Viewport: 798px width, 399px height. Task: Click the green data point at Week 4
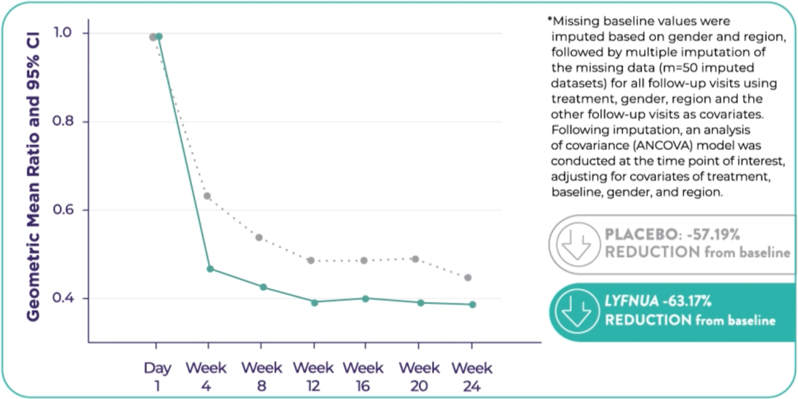pyautogui.click(x=210, y=269)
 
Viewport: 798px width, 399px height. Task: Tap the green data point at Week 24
pyautogui.click(x=472, y=305)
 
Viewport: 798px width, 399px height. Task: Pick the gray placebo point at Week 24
pyautogui.click(x=468, y=278)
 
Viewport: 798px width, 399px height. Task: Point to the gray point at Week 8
pyautogui.click(x=259, y=238)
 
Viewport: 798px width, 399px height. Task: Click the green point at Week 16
pyautogui.click(x=365, y=299)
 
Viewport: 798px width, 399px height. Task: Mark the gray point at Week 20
pyautogui.click(x=415, y=259)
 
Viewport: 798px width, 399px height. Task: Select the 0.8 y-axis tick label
pyautogui.click(x=63, y=121)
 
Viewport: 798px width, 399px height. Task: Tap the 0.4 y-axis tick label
pyautogui.click(x=63, y=298)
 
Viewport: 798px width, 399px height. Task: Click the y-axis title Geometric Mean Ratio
pyautogui.click(x=33, y=177)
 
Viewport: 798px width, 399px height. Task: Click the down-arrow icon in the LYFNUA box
pyautogui.click(x=577, y=311)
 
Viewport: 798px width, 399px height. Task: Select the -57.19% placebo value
pyautogui.click(x=713, y=234)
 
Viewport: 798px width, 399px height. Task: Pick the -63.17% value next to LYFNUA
pyautogui.click(x=687, y=301)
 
